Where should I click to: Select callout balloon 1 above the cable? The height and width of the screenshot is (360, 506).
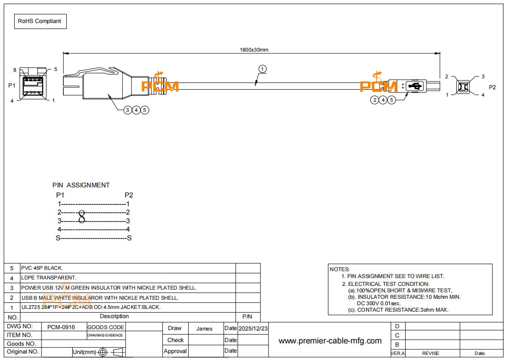click(x=262, y=69)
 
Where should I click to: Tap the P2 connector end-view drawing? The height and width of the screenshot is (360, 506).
click(x=463, y=86)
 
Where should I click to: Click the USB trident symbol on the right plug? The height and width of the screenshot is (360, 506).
click(x=415, y=86)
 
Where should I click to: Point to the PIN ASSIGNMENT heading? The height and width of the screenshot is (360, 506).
click(x=81, y=185)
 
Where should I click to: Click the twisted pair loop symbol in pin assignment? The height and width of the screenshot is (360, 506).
click(x=82, y=216)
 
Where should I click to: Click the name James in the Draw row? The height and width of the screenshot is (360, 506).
click(x=204, y=328)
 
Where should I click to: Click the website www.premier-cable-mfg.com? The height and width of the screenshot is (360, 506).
click(x=330, y=341)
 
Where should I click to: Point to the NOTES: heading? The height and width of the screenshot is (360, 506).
click(x=339, y=269)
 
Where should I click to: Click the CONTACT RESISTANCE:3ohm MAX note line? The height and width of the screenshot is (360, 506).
click(x=398, y=310)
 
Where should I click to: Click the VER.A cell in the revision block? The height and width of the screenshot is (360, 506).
click(x=397, y=353)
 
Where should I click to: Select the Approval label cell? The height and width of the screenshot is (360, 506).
click(x=175, y=351)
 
